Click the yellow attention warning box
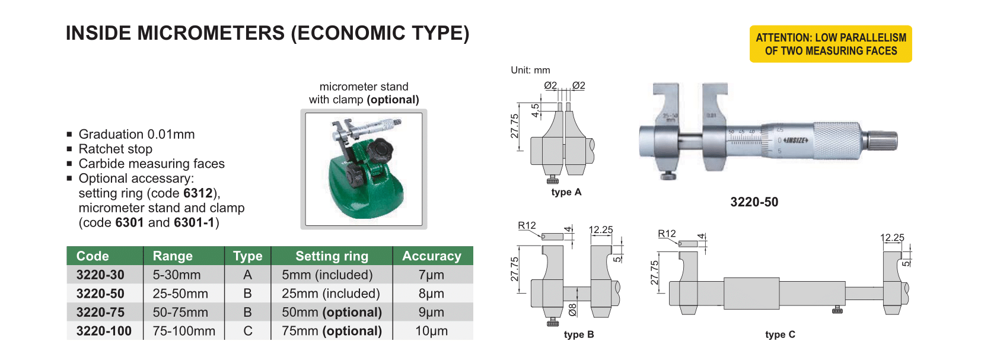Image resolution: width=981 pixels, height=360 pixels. pos(830,44)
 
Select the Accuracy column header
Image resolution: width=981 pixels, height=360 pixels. pos(432,256)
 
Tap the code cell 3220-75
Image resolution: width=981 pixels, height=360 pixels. pos(100,313)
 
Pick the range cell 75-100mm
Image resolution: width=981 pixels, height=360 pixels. pos(184,331)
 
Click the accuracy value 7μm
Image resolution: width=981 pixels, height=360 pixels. pos(431,275)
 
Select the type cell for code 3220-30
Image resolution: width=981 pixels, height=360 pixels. pos(247,275)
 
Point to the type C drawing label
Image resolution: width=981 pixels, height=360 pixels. pos(780,334)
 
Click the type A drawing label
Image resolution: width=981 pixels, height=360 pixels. pos(566,192)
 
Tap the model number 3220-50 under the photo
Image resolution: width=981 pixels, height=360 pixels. pos(754,202)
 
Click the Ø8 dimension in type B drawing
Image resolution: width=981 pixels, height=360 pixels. pos(572,310)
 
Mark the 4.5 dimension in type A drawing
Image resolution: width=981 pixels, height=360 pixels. pos(535,110)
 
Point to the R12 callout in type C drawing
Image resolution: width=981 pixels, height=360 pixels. pos(667,234)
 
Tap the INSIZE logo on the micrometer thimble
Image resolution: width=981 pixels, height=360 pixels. pos(795,140)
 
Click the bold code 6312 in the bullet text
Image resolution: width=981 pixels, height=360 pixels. pos(198,193)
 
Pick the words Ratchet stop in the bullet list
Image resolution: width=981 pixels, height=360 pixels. pos(115,149)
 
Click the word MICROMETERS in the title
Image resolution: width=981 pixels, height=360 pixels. pos(211,33)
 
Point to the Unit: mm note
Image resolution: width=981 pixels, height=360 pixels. pos(530,70)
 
